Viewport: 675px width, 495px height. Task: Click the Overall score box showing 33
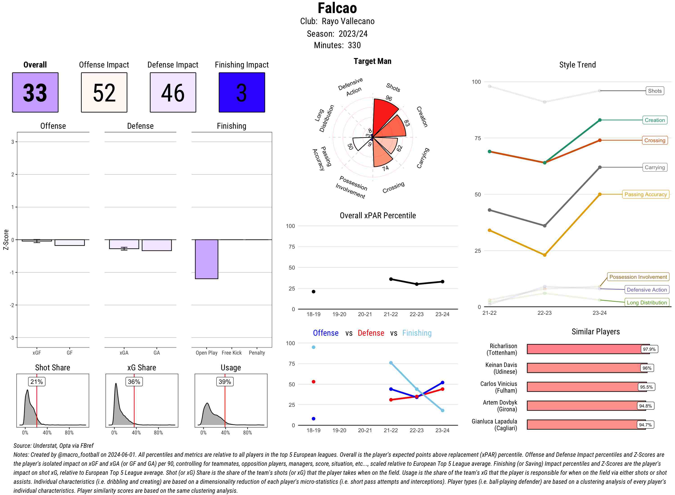point(35,92)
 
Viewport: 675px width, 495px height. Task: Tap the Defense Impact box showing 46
point(173,92)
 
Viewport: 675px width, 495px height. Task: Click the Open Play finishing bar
point(206,259)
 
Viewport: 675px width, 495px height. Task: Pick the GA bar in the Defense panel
point(157,245)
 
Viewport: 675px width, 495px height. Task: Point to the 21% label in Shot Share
point(36,381)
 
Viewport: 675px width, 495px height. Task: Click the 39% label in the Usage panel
point(225,381)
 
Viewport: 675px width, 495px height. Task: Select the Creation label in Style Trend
point(655,120)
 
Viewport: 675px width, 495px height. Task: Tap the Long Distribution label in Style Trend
point(647,303)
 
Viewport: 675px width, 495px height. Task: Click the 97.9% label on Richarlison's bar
point(649,349)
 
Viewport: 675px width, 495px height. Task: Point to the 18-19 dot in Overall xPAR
point(313,292)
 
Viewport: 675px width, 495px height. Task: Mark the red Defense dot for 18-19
point(313,382)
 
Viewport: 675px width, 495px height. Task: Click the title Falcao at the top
point(337,8)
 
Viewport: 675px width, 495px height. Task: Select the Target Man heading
point(372,61)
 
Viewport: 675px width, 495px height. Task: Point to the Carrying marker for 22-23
point(545,226)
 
